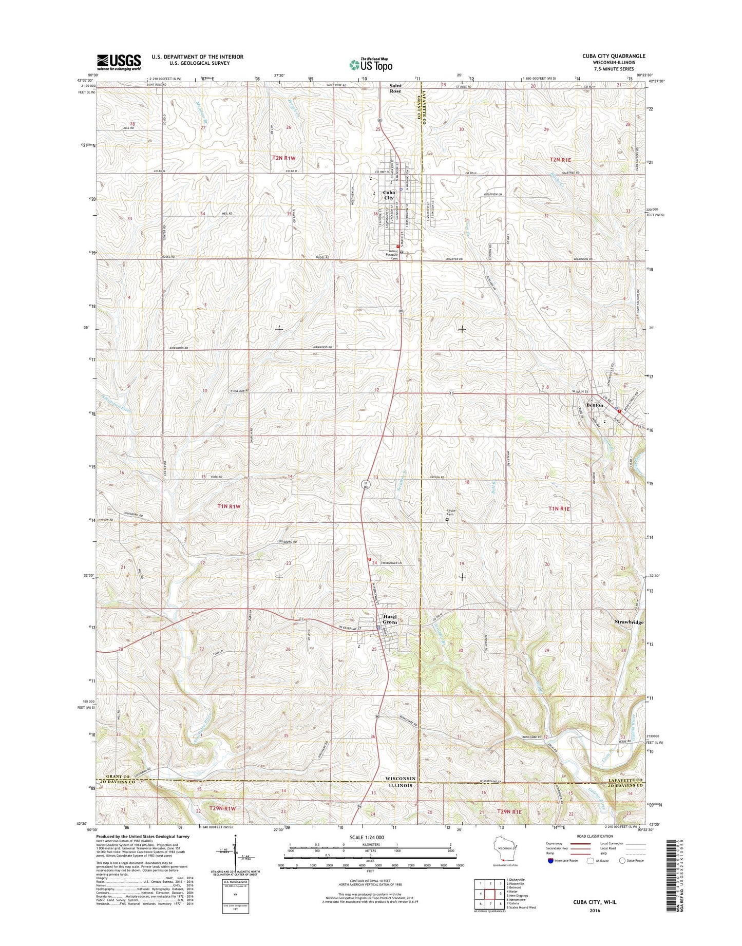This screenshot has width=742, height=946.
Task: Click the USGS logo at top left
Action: pyautogui.click(x=119, y=62)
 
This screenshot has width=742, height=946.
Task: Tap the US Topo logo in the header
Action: pyautogui.click(x=371, y=65)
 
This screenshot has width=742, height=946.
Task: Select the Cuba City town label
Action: pyautogui.click(x=389, y=195)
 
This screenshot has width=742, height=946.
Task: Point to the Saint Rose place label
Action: pyautogui.click(x=395, y=88)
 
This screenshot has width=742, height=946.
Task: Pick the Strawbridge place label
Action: pyautogui.click(x=629, y=622)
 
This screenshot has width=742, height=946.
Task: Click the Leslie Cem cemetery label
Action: pyautogui.click(x=450, y=513)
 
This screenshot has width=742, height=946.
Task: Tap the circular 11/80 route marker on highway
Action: pyautogui.click(x=365, y=485)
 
